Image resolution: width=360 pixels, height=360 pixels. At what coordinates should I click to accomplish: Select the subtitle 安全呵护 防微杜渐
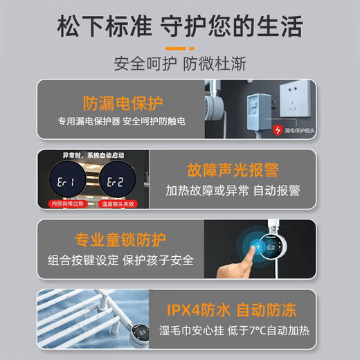pyautogui.click(x=180, y=64)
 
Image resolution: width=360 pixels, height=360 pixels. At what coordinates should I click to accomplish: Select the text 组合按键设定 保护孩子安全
pyautogui.click(x=122, y=261)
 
